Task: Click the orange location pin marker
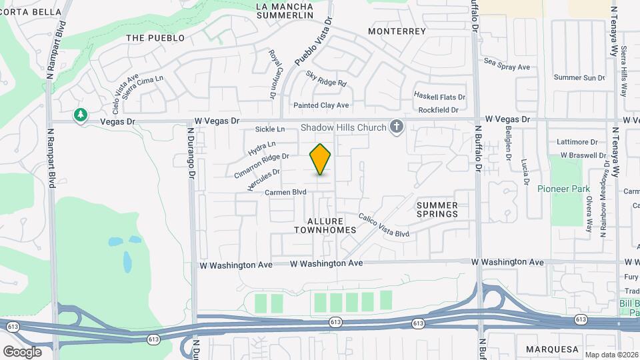pos(320,159)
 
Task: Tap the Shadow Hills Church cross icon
pos(397,127)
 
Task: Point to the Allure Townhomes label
pos(325,225)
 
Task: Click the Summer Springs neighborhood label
pos(437,209)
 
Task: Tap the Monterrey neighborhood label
pos(397,31)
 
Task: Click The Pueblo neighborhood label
pos(155,38)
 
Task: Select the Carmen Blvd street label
pos(285,192)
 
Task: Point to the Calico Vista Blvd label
pos(383,225)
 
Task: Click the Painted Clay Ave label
pos(321,105)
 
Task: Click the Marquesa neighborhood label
pos(551,349)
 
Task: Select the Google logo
pos(22,351)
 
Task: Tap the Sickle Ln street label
pos(270,129)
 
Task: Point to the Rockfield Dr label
pos(437,110)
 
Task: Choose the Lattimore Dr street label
pos(579,142)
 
